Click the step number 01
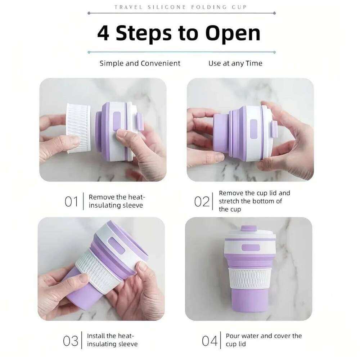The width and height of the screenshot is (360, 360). click(x=71, y=201)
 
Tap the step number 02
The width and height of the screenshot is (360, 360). click(x=202, y=201)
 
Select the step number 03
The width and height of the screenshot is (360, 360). click(x=71, y=340)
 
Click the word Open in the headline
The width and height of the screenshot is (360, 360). click(x=233, y=33)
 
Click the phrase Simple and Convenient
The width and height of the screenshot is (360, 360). click(x=140, y=63)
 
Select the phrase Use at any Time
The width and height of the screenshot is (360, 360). click(x=235, y=63)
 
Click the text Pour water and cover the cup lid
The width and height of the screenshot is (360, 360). click(x=263, y=339)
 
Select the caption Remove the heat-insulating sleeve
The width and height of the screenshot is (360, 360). click(x=116, y=201)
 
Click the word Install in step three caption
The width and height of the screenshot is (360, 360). click(x=96, y=336)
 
